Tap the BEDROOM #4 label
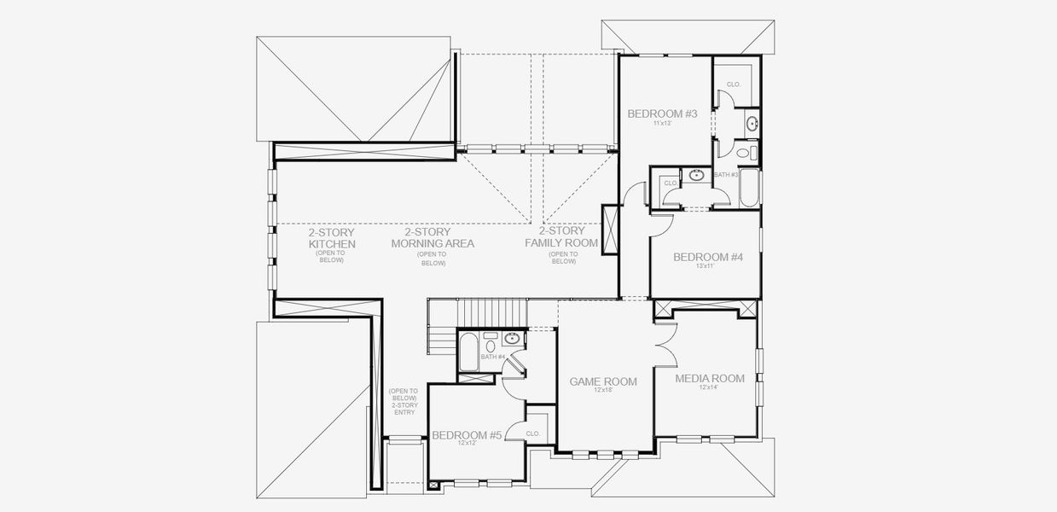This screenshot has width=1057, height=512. pyautogui.click(x=707, y=257)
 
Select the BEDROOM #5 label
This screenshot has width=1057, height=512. pyautogui.click(x=466, y=435)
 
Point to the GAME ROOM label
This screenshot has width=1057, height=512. pyautogui.click(x=603, y=381)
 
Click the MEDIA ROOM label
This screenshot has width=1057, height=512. pyautogui.click(x=710, y=378)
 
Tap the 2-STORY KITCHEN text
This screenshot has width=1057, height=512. pyautogui.click(x=331, y=238)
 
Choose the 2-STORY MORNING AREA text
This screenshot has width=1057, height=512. pyautogui.click(x=433, y=237)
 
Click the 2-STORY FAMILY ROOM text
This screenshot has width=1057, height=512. pyautogui.click(x=562, y=237)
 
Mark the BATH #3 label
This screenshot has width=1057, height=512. pyautogui.click(x=725, y=175)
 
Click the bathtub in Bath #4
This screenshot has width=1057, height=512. pyautogui.click(x=468, y=352)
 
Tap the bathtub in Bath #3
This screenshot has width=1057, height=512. pyautogui.click(x=750, y=188)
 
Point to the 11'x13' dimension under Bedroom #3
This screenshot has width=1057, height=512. pyautogui.click(x=663, y=125)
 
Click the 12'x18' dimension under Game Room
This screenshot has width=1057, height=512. pyautogui.click(x=603, y=390)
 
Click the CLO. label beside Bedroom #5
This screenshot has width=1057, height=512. pyautogui.click(x=534, y=433)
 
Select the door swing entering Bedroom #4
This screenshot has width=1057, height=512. pyautogui.click(x=661, y=225)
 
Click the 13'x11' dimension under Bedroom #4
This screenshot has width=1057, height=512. pyautogui.click(x=704, y=266)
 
